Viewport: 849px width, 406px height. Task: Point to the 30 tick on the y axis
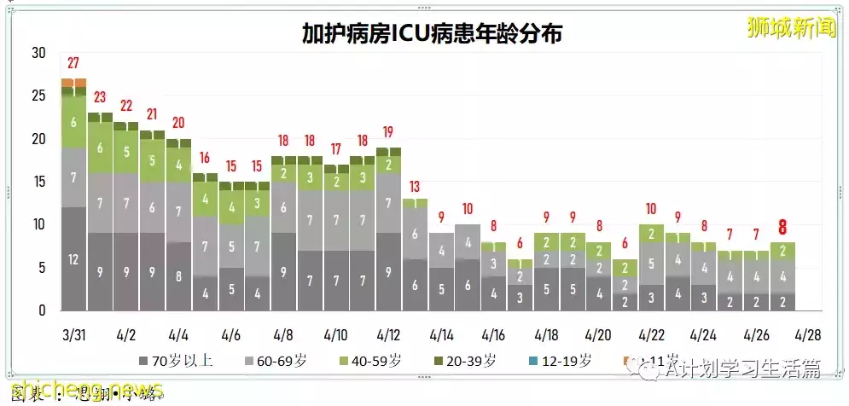(38, 53)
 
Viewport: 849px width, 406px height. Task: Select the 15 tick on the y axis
(38, 182)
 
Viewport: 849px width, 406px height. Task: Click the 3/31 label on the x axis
(73, 332)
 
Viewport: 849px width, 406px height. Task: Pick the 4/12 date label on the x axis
(388, 332)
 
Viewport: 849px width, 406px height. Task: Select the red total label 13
(415, 187)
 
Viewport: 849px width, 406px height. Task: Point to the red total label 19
(388, 132)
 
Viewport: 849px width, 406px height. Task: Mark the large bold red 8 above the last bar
(782, 228)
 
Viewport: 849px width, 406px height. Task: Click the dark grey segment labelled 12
(73, 259)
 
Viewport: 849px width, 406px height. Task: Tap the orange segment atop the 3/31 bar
(73, 83)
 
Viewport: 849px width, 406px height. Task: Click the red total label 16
(205, 158)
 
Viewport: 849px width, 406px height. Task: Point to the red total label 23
(100, 97)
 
